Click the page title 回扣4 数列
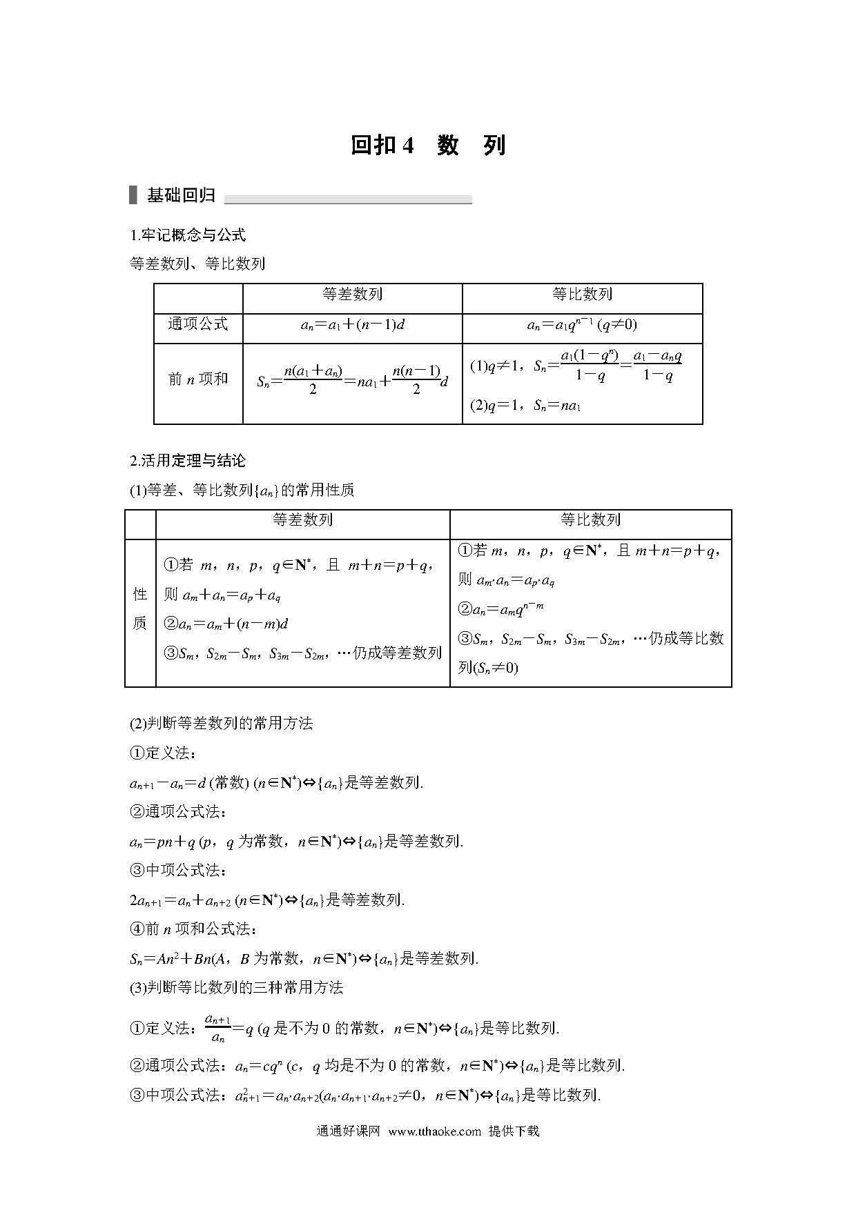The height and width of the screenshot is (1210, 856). (428, 146)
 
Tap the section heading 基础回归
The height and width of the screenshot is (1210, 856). (181, 196)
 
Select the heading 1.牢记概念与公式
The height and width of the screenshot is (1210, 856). (188, 235)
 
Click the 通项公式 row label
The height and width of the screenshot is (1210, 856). (197, 324)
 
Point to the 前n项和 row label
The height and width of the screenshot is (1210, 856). (197, 379)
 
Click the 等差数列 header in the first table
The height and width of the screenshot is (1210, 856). (352, 295)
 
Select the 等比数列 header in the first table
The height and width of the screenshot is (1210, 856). (582, 295)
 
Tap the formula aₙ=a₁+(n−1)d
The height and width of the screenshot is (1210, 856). (352, 324)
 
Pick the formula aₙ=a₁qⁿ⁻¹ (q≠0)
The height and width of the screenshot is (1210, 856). (582, 324)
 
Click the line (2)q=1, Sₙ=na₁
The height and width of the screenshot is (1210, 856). (525, 406)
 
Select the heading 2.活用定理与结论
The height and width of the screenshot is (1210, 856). (188, 461)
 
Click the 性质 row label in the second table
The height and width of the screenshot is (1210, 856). (140, 608)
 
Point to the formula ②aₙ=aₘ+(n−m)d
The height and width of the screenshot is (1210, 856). (226, 624)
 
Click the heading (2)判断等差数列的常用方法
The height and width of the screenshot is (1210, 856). (221, 723)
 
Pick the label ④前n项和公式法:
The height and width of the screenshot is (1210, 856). (193, 929)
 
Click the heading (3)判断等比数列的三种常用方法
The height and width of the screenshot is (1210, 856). (236, 987)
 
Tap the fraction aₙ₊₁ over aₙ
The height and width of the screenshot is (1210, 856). (217, 1029)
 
